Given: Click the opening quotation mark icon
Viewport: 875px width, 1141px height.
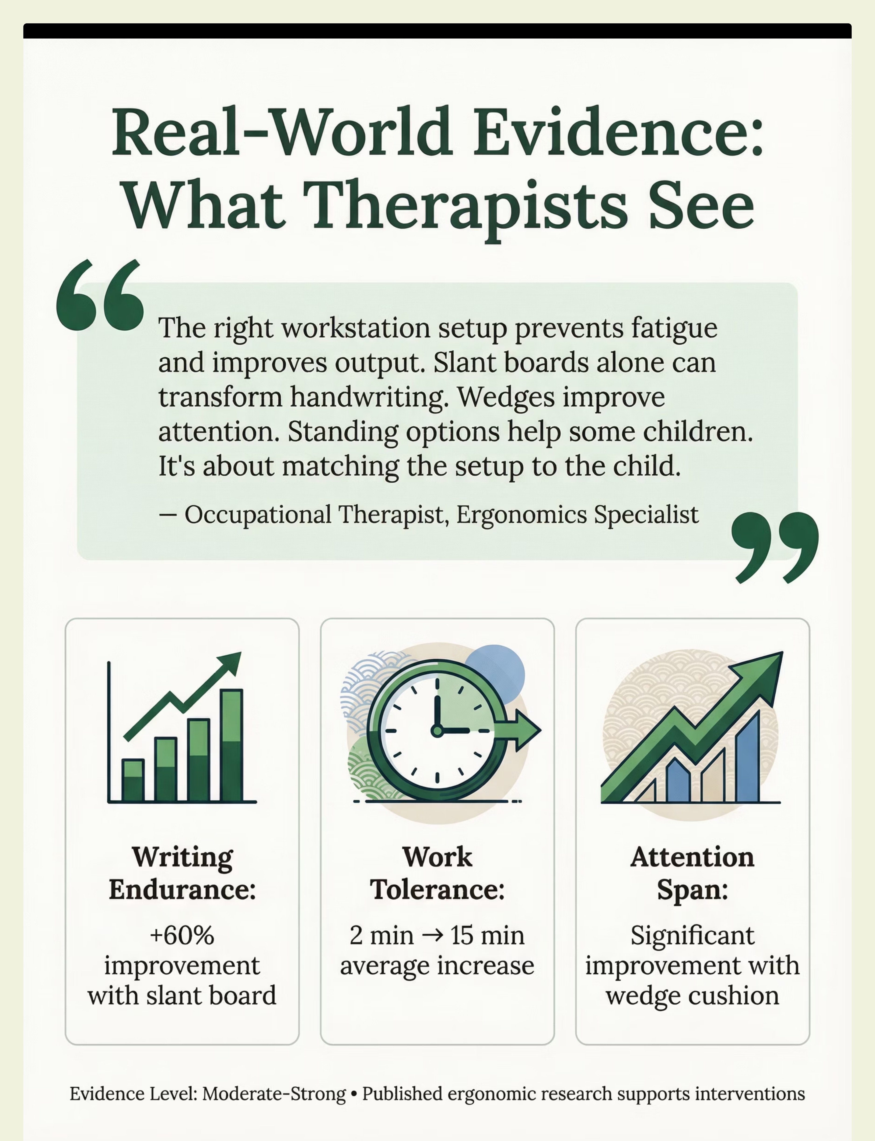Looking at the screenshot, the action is [x=100, y=295].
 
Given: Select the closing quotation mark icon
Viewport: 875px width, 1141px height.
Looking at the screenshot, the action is [x=774, y=547].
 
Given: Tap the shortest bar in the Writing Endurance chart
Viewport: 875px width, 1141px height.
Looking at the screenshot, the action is [x=133, y=780].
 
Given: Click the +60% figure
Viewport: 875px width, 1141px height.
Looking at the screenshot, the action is [x=182, y=935].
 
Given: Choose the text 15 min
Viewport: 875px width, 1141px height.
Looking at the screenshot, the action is [x=487, y=935].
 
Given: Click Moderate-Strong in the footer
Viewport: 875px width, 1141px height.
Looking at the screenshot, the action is [x=274, y=1094].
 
